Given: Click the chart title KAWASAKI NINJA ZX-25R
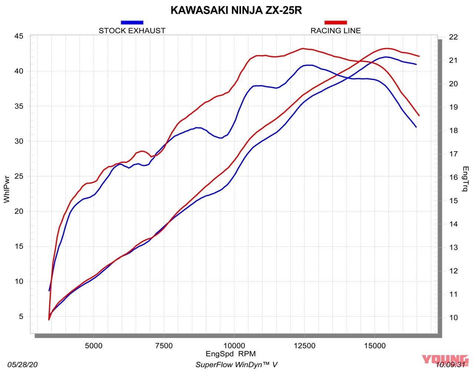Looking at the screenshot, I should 236,10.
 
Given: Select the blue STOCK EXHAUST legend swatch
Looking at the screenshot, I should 132,23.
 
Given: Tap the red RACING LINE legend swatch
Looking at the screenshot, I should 336,23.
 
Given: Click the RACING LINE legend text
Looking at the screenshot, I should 336,31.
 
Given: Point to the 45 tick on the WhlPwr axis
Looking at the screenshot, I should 19,36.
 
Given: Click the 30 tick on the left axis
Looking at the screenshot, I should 19,141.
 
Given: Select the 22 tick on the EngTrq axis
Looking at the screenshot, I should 453,37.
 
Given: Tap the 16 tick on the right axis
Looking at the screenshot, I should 453,177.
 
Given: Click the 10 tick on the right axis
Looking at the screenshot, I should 453,318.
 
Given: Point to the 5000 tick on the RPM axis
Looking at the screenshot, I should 94,346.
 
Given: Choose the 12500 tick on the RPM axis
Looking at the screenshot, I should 304,346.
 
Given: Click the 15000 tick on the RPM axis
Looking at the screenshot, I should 374,346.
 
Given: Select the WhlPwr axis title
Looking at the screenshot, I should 7,189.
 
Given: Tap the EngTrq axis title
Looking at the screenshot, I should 465,178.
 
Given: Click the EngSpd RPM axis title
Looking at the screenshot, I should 231,354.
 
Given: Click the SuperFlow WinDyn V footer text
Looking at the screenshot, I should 236,365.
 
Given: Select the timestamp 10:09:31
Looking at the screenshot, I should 451,365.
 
